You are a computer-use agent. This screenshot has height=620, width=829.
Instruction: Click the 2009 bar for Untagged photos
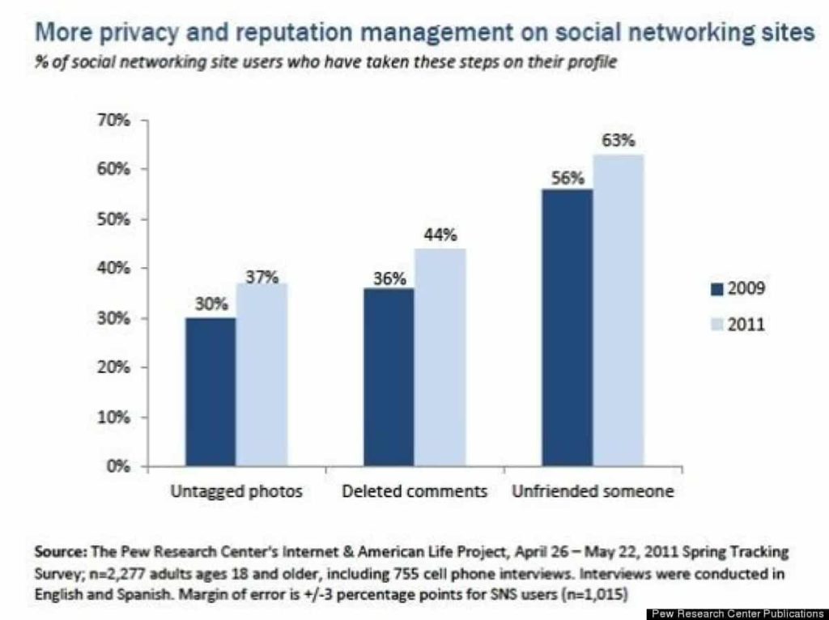pyautogui.click(x=210, y=392)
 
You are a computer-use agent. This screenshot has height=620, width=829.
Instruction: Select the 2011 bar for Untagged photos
pyautogui.click(x=261, y=374)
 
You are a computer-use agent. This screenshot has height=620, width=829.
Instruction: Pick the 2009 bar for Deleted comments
pyautogui.click(x=389, y=377)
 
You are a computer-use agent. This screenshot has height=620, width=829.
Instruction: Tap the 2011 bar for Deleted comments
pyautogui.click(x=440, y=357)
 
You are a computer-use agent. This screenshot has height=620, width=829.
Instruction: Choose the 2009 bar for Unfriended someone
pyautogui.click(x=568, y=328)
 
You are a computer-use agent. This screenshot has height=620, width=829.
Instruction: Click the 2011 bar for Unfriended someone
pyautogui.click(x=619, y=310)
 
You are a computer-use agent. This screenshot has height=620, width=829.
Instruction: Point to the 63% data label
pyautogui.click(x=619, y=141)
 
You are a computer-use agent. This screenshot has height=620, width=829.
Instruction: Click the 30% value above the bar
pyautogui.click(x=210, y=304)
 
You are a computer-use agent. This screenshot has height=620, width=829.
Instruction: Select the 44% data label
pyautogui.click(x=440, y=236)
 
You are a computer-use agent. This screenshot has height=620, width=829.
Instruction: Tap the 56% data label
pyautogui.click(x=568, y=178)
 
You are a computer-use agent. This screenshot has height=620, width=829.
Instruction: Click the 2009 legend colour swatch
pyautogui.click(x=716, y=289)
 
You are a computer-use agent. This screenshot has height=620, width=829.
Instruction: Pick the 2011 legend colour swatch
pyautogui.click(x=716, y=325)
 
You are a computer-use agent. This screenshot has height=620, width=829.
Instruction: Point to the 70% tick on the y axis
pyautogui.click(x=115, y=120)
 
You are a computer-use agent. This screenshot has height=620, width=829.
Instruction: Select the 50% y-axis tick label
pyautogui.click(x=115, y=219)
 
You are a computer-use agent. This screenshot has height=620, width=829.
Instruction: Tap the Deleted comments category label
pyautogui.click(x=414, y=491)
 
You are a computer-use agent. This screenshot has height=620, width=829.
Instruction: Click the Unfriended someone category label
pyautogui.click(x=593, y=491)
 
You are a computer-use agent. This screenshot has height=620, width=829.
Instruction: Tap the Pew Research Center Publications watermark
pyautogui.click(x=738, y=614)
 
